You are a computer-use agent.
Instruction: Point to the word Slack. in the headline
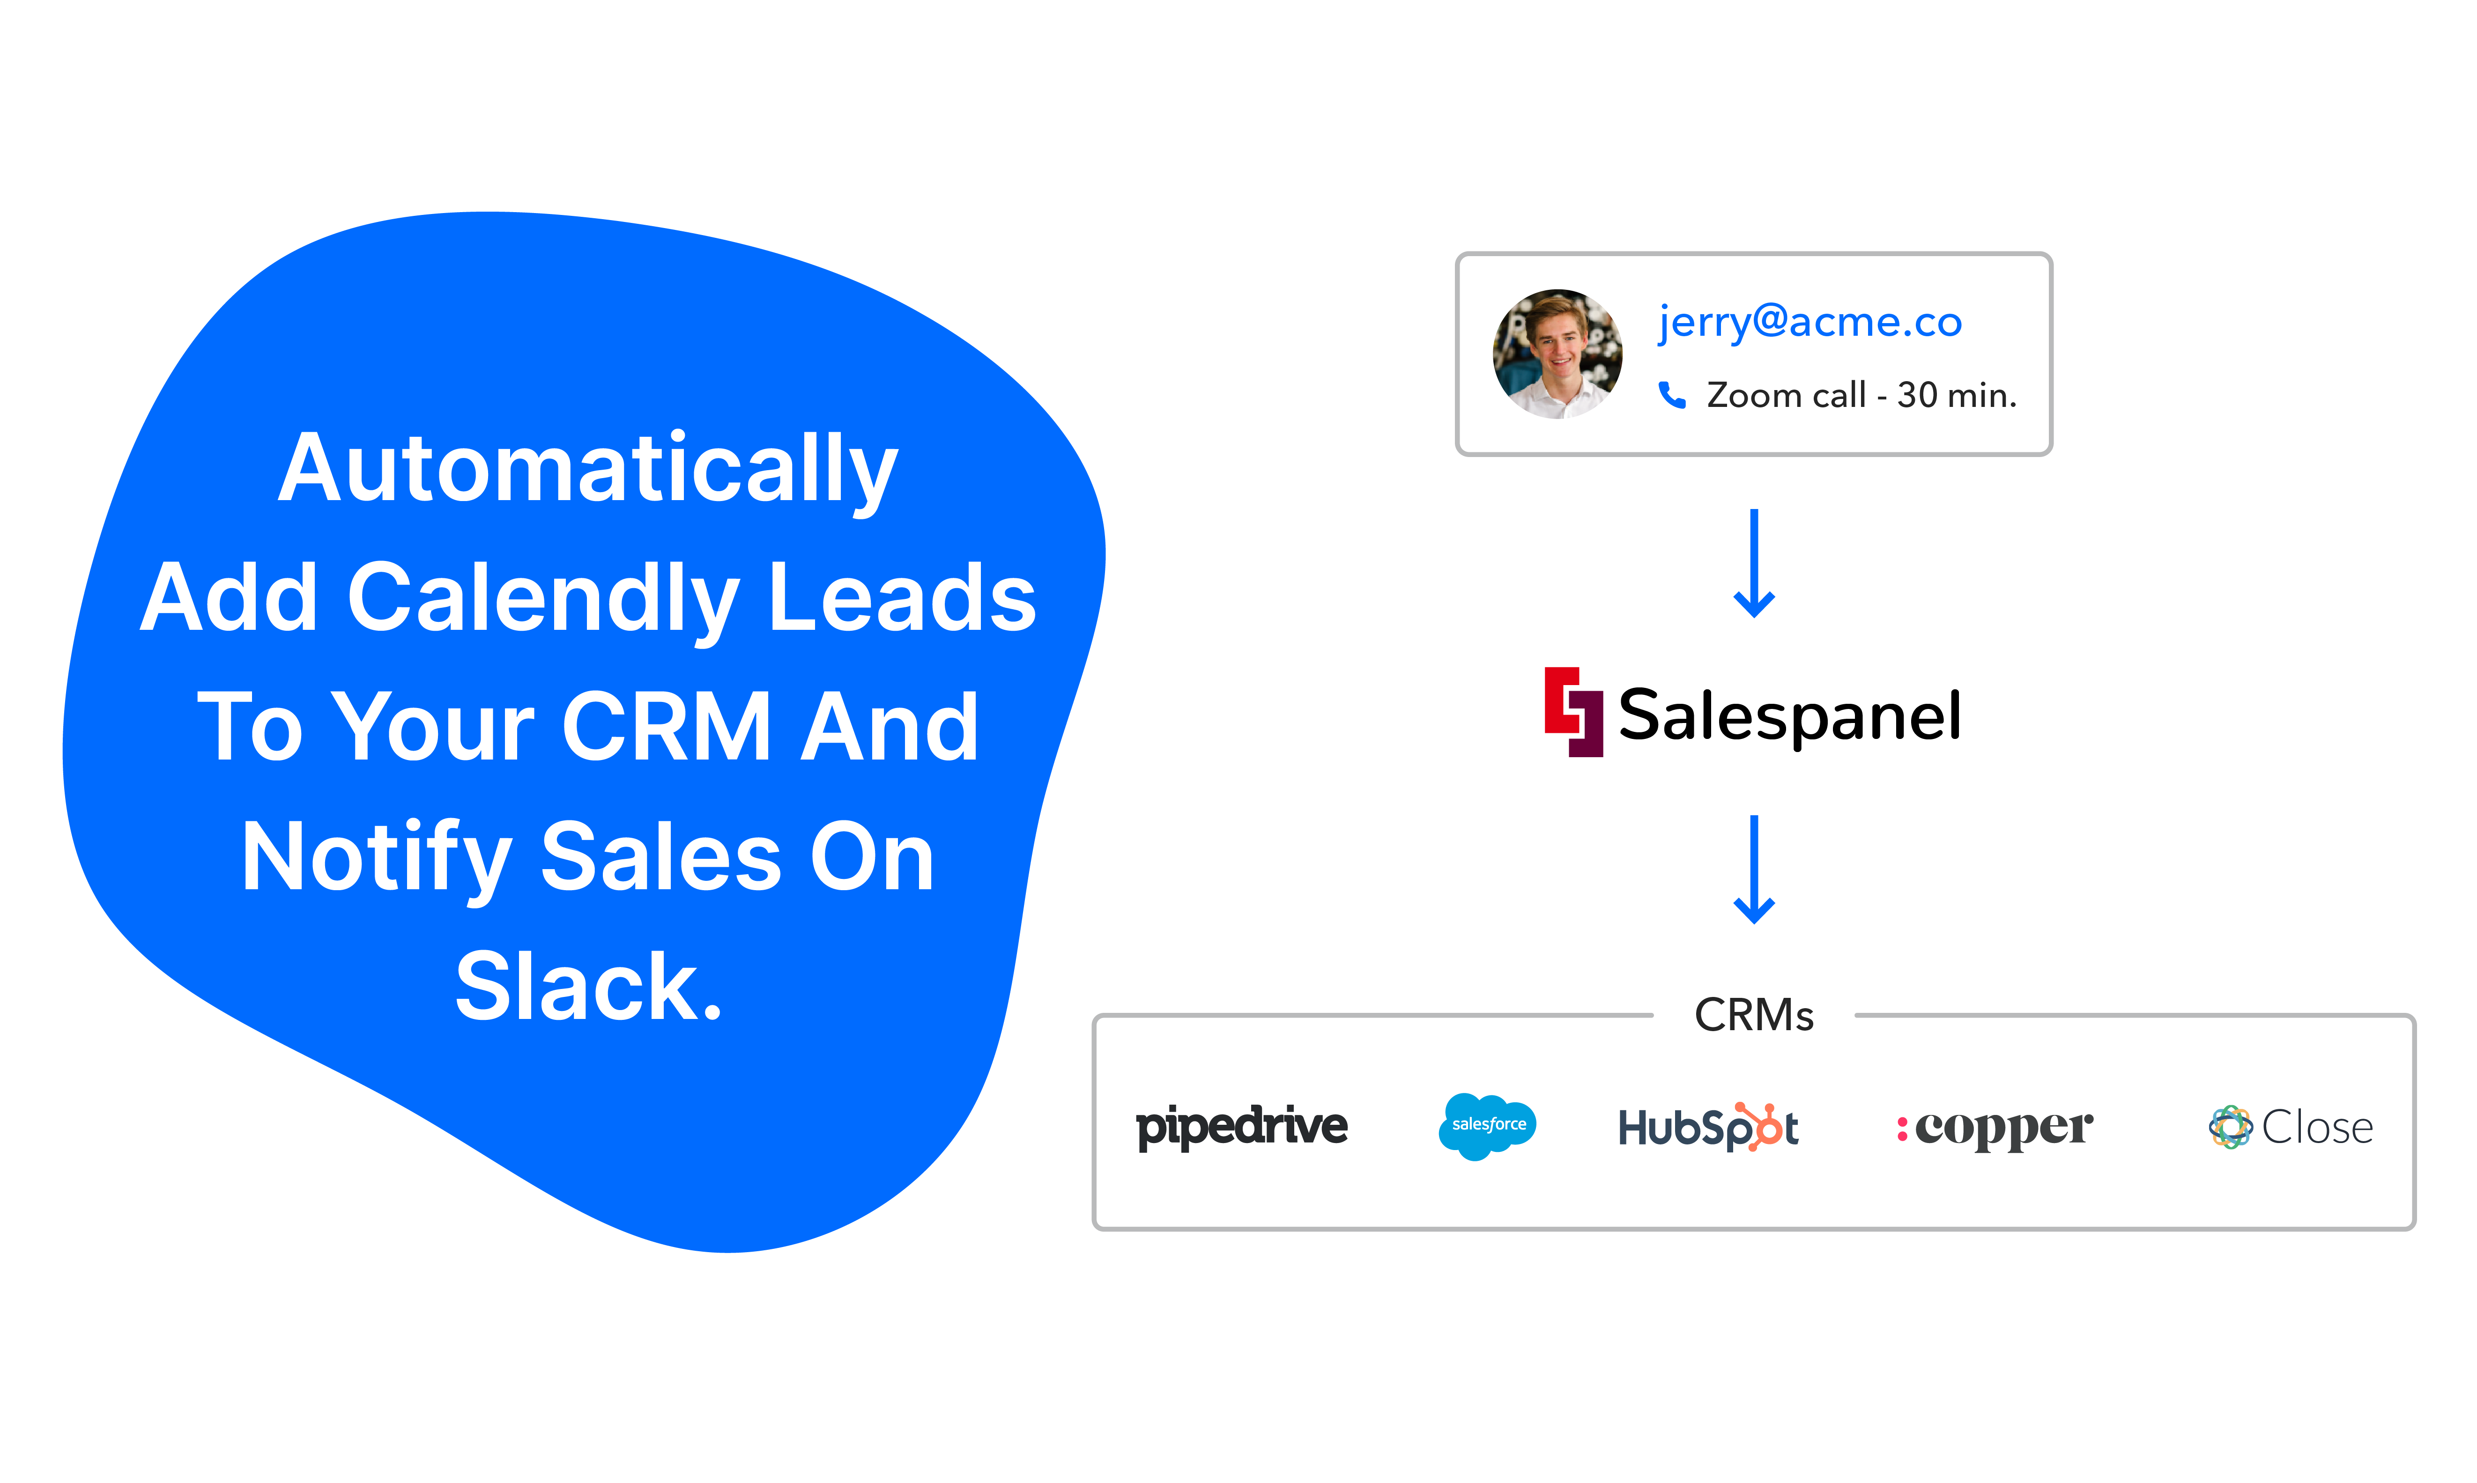tap(588, 987)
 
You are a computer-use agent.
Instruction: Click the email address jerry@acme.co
tap(1810, 322)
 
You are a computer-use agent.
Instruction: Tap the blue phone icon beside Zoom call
tap(1671, 396)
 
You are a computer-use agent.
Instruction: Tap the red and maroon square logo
tap(1573, 711)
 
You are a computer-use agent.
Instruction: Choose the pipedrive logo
tap(1241, 1127)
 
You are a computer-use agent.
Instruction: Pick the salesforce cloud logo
tap(1487, 1126)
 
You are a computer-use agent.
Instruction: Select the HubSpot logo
tap(1707, 1127)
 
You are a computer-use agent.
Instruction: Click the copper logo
tap(1995, 1128)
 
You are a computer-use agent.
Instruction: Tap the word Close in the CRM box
tap(2317, 1127)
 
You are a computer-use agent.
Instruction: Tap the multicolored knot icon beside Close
tap(2229, 1127)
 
